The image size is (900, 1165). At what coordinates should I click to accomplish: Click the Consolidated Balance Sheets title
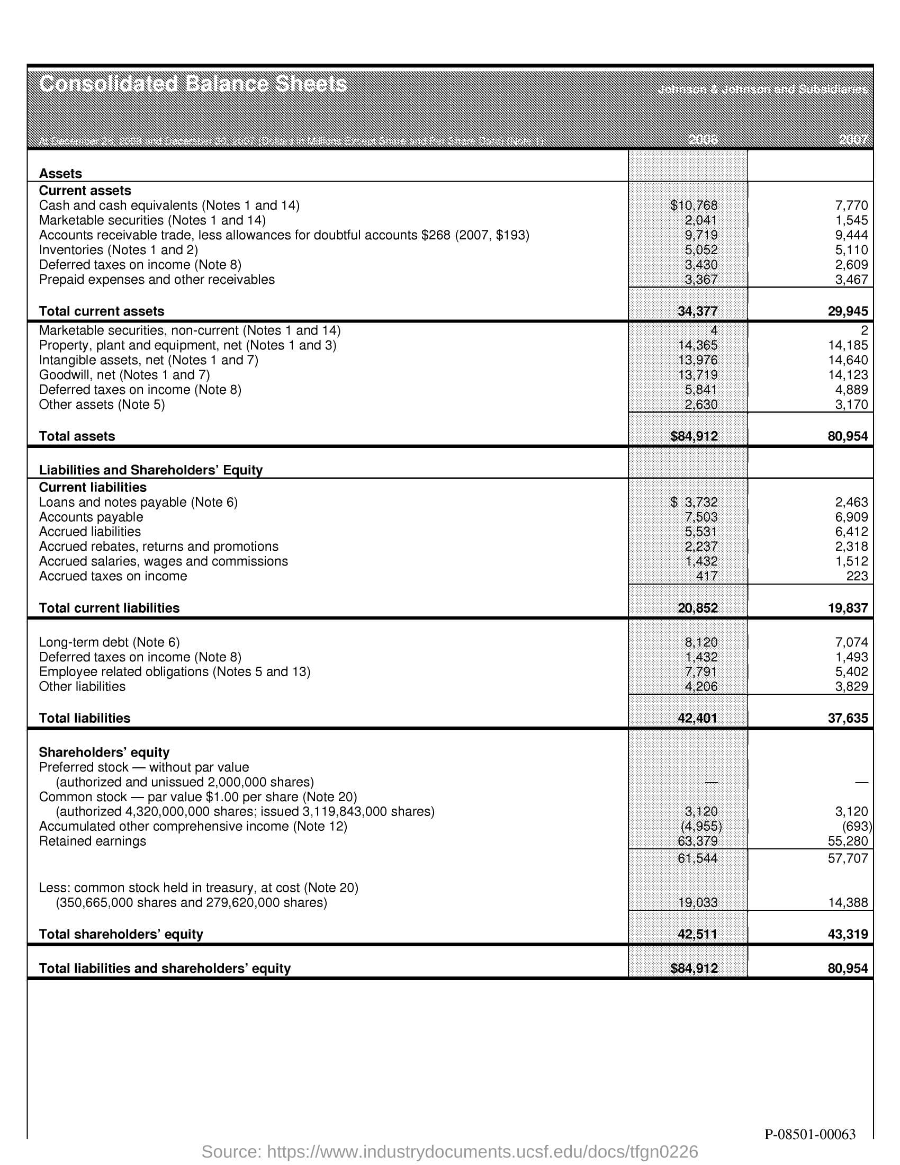193,84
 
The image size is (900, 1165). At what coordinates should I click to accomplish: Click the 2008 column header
702,140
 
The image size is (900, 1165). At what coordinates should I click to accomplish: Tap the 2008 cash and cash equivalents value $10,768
694,205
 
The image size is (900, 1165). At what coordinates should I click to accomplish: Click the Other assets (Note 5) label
102,405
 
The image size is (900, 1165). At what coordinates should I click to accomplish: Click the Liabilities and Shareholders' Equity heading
150,470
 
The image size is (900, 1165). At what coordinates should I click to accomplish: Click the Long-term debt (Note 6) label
109,642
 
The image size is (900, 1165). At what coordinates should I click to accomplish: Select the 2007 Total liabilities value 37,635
848,718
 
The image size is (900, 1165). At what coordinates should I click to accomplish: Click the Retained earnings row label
92,841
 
